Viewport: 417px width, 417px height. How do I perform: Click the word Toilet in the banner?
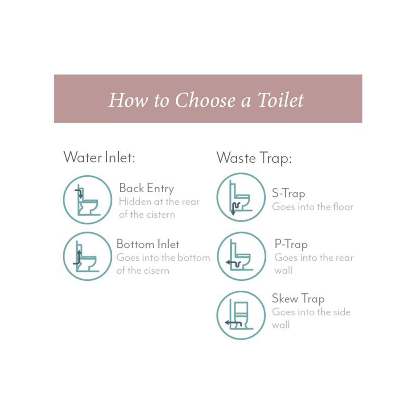point(281,100)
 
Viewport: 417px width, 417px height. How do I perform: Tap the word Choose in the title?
point(205,100)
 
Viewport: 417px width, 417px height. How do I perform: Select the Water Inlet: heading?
point(99,158)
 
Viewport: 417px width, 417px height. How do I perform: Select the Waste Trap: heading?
point(254,158)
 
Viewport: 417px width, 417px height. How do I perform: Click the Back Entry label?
point(146,188)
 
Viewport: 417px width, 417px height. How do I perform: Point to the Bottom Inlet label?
point(148,244)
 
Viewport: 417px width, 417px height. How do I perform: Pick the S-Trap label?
point(288,193)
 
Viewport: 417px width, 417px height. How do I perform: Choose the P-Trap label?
point(291,244)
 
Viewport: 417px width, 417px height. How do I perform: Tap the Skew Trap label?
point(298,298)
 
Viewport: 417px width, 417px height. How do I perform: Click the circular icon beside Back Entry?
point(88,200)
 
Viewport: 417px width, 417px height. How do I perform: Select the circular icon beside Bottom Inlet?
point(88,256)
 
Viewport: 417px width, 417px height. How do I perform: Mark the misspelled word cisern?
point(156,271)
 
